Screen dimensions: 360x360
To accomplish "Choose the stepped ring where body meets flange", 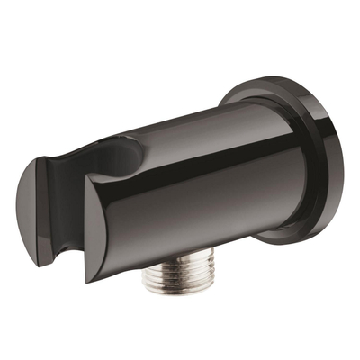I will tap(270, 162).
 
